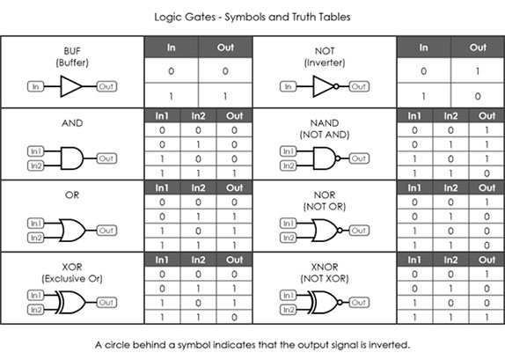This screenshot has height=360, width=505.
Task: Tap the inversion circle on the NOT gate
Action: tap(336, 86)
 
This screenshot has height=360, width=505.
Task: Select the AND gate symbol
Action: tap(72, 158)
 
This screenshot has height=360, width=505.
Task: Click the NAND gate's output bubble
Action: tap(338, 158)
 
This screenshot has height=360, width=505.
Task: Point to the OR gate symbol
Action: tap(72, 231)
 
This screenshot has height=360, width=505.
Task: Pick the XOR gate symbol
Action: tap(70, 302)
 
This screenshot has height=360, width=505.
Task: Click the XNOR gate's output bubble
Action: tap(340, 302)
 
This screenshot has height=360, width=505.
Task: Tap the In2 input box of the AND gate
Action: tap(36, 165)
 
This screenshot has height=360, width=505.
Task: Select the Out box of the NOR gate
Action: tap(359, 231)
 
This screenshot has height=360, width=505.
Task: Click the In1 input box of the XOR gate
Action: tap(36, 295)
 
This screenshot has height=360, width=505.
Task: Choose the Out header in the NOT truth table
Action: tap(478, 48)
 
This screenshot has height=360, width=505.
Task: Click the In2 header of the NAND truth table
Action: tap(450, 116)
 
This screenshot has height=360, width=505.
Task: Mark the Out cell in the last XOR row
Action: tap(234, 318)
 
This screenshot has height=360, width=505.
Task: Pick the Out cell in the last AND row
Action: tap(234, 173)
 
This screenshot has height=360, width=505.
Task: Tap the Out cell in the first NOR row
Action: tap(487, 202)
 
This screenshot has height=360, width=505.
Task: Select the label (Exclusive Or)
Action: tap(72, 278)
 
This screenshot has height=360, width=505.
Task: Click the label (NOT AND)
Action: tap(325, 135)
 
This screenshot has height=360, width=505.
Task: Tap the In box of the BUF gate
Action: tap(35, 86)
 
